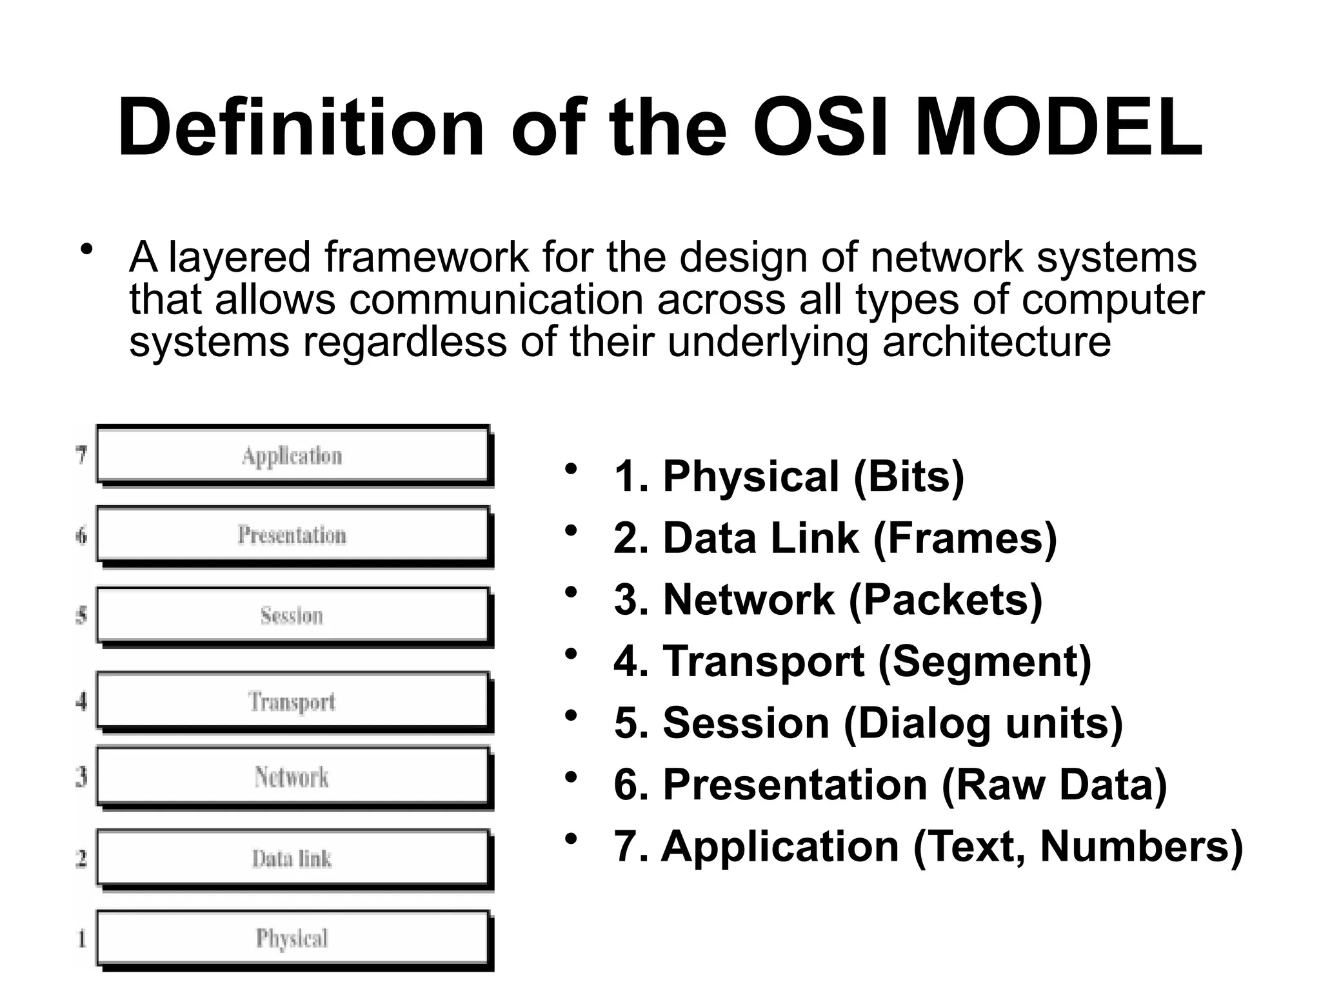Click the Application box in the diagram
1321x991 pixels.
click(x=292, y=455)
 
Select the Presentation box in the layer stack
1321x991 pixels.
click(x=292, y=535)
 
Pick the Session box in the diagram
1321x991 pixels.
click(x=292, y=616)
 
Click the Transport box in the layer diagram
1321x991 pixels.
click(x=292, y=701)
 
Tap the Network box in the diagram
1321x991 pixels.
click(x=292, y=777)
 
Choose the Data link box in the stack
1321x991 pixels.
click(x=292, y=858)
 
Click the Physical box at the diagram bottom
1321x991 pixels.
click(x=292, y=938)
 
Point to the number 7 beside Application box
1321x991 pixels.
click(x=81, y=455)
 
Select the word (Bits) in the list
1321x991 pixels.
click(x=908, y=477)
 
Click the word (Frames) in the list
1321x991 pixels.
click(x=965, y=538)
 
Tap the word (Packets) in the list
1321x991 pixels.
click(x=946, y=600)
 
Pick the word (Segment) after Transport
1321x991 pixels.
click(x=984, y=662)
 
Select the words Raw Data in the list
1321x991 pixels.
click(x=1055, y=785)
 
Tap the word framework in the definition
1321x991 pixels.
click(x=427, y=257)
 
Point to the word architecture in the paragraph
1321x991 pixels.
click(x=997, y=341)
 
